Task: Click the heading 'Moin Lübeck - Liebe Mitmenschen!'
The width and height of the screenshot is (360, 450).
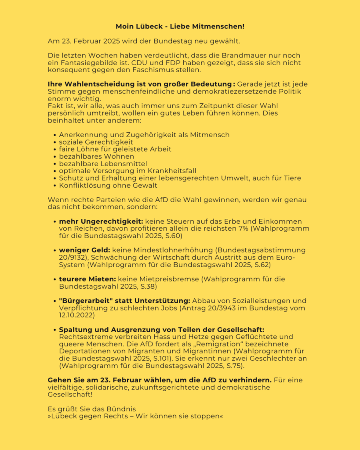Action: (x=180, y=27)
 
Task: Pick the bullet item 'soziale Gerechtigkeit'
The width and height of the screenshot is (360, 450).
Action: (x=96, y=142)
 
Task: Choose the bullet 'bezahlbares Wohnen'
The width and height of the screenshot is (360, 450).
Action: (x=96, y=156)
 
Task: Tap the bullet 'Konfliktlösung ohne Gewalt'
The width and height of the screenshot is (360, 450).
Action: (x=108, y=185)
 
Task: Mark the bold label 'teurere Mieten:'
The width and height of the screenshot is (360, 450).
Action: (x=86, y=279)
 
